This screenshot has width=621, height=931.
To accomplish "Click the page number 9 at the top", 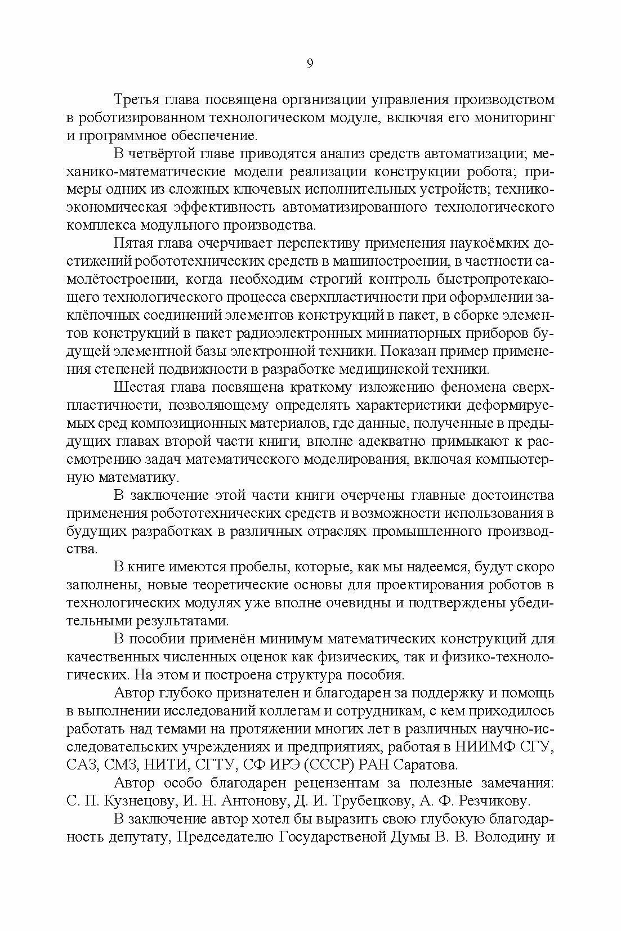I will [310, 64].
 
